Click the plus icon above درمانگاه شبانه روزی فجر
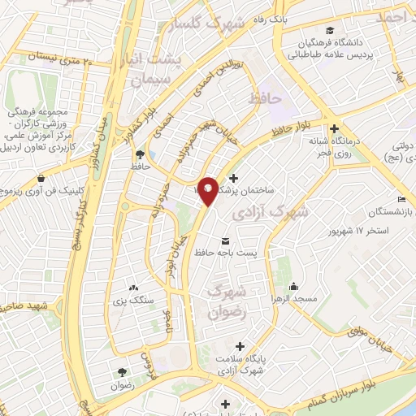(x=334, y=128)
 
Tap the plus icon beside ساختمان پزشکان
(x=234, y=178)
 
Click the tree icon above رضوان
(x=122, y=370)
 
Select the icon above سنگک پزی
(x=135, y=288)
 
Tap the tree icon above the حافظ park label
(x=141, y=153)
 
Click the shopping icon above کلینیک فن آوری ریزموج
(x=40, y=178)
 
